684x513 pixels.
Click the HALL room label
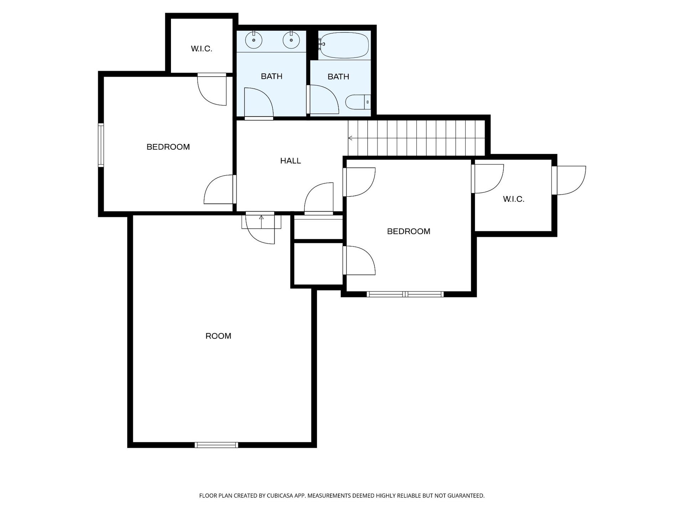[290, 161]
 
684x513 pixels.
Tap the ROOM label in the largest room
[218, 336]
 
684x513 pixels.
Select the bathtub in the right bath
[343, 45]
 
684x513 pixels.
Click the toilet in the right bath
[358, 102]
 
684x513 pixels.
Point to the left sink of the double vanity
[254, 40]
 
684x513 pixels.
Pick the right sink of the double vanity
[291, 40]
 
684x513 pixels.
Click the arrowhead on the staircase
[350, 138]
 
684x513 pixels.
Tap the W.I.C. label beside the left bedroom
[202, 49]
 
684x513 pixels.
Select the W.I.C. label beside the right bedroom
[514, 199]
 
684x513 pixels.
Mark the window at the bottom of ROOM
[216, 445]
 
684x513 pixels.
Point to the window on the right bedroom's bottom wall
[405, 294]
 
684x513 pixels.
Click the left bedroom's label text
[168, 147]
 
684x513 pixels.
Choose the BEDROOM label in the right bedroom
[409, 232]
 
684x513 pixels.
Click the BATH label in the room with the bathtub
[338, 77]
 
